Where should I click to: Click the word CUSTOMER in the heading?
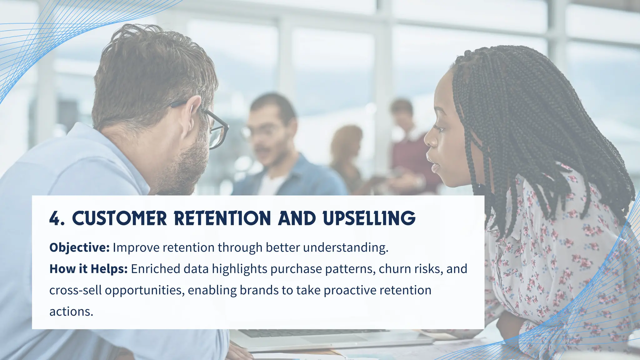click(x=119, y=218)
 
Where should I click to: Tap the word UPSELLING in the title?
click(x=369, y=218)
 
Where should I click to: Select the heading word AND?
click(x=297, y=218)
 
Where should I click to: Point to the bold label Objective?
click(x=79, y=247)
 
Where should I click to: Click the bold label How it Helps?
click(x=88, y=269)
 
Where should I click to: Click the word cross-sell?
click(x=75, y=290)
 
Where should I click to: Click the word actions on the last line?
click(x=71, y=312)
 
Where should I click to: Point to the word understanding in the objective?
click(x=346, y=247)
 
